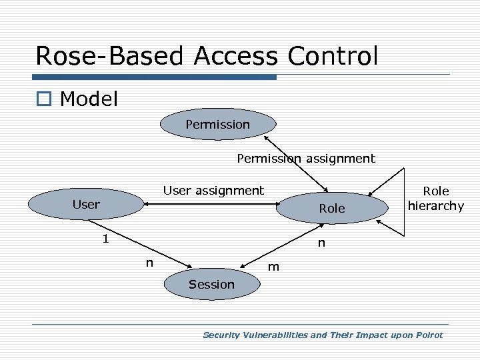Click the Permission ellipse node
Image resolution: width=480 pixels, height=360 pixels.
[217, 125]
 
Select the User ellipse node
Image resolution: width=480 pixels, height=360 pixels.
[86, 205]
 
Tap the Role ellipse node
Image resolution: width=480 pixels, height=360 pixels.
[331, 209]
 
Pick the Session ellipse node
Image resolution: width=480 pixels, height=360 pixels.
[211, 285]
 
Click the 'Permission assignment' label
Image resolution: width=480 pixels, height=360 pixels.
[306, 159]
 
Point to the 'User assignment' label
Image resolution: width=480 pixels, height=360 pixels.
[214, 191]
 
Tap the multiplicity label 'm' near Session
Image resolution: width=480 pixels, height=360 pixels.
[273, 267]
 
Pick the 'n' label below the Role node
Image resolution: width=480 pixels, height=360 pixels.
[321, 243]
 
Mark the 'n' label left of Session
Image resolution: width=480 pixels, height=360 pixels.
[150, 263]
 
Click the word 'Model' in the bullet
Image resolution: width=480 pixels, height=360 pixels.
[89, 99]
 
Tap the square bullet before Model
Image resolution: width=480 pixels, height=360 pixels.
[44, 100]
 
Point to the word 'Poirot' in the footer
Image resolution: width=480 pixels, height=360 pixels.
[427, 335]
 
